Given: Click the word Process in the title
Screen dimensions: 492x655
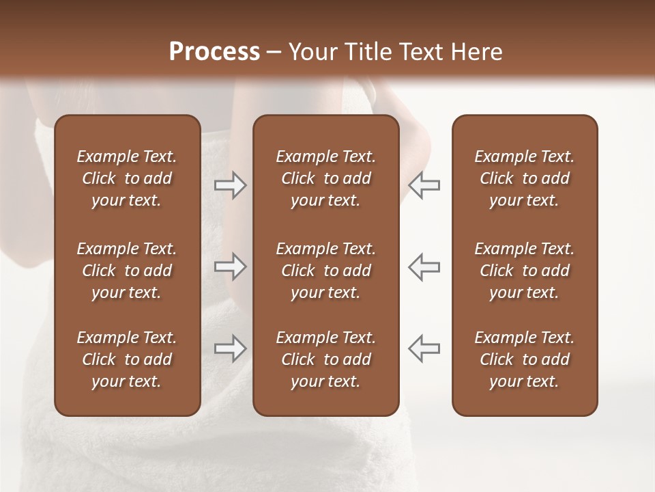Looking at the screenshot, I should [x=214, y=52].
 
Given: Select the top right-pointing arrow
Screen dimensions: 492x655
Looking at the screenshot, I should [x=231, y=185].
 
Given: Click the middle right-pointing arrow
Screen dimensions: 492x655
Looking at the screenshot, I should [x=231, y=266].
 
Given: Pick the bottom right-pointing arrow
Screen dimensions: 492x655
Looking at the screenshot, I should [x=231, y=348].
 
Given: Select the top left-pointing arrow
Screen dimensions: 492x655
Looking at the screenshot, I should [x=424, y=185].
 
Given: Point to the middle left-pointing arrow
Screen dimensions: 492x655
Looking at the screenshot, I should [x=424, y=266].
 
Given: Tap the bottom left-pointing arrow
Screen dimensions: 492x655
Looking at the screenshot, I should [x=424, y=348].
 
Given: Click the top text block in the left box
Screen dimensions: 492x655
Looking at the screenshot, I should [x=127, y=178].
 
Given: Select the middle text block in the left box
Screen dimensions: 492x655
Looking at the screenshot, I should [x=127, y=271].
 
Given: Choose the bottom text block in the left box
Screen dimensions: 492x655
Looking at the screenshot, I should [x=127, y=359].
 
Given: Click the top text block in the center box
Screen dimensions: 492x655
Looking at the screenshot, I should [x=326, y=178].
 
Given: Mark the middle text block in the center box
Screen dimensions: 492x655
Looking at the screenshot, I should [x=326, y=271].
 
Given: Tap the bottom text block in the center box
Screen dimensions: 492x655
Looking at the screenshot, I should [x=326, y=359].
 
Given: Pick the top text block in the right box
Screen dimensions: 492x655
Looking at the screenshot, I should [x=525, y=178].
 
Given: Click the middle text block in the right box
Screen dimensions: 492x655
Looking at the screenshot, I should [x=525, y=271].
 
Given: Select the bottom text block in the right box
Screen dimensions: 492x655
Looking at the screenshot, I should [x=525, y=359].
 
